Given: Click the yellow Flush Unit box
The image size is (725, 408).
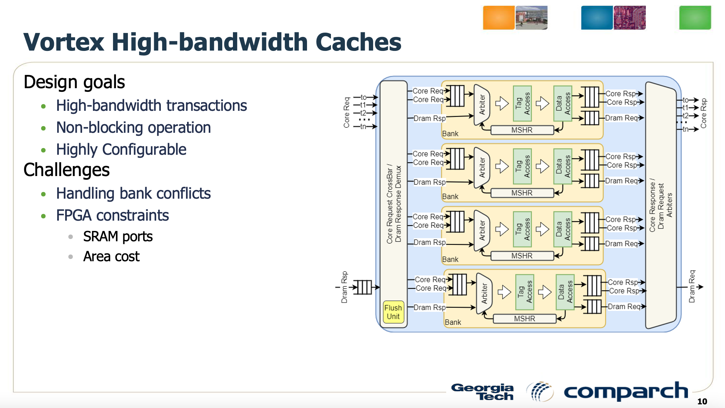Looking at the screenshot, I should (393, 312).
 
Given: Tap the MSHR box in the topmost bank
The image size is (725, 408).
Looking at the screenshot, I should (522, 130).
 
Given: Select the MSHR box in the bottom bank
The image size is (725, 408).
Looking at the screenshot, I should (524, 319).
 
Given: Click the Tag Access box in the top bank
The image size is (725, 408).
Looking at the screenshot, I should (522, 103).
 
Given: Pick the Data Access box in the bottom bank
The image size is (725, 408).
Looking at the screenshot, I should (565, 292).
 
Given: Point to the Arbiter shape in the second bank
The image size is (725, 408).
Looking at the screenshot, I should (482, 167).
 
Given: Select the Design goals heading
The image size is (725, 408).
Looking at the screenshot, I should (74, 82).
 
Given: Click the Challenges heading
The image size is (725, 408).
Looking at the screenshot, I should (66, 170).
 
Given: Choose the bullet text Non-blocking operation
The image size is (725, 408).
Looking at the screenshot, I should (133, 128).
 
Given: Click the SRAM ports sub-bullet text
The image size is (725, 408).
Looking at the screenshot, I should (118, 237).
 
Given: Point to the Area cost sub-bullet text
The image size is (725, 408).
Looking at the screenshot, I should (111, 257).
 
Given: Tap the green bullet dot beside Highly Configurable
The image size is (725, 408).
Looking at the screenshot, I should (43, 150).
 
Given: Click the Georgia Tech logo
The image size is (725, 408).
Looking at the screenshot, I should (482, 392).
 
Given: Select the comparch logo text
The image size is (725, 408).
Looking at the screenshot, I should (626, 391).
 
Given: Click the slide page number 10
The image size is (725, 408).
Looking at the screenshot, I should (702, 401).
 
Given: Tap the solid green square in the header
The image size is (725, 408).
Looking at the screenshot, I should (695, 18).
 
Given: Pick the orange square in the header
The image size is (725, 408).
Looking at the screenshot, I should (498, 18).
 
